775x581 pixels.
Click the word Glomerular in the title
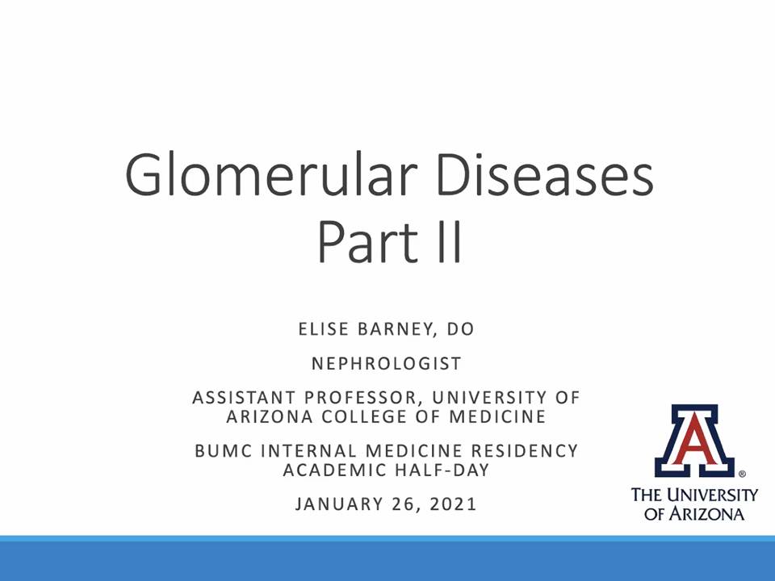pos(270,175)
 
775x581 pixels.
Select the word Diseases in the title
pos(545,175)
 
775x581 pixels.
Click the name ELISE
pos(324,329)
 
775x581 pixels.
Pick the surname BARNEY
pos(395,329)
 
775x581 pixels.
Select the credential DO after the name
pos(461,329)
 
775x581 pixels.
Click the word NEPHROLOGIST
pos(387,364)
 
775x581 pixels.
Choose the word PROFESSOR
pos(360,398)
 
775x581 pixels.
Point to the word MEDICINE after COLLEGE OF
pos(497,416)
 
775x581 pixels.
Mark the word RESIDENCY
pos(525,450)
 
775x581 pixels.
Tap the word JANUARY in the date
pos(339,504)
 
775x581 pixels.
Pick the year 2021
pos(453,504)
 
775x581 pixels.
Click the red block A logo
pos(694,441)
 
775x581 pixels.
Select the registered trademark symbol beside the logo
pos(742,474)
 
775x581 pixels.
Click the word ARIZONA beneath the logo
pos(706,514)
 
